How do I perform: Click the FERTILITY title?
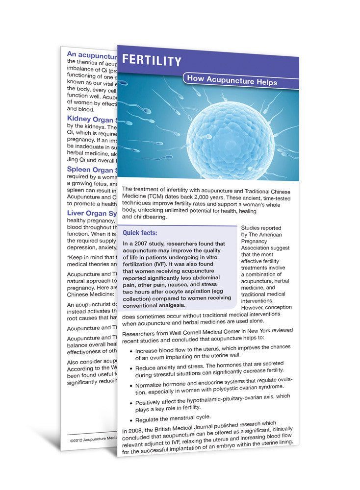152,61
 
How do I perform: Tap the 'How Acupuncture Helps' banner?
232,80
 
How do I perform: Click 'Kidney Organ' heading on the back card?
91,119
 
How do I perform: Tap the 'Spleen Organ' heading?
91,170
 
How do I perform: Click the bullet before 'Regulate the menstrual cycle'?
130,420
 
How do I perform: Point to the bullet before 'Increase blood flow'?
129,350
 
